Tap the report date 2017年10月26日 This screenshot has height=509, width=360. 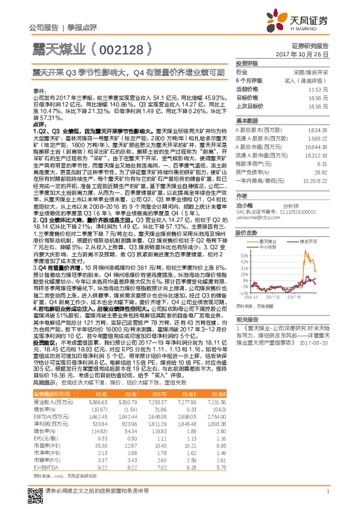pos(306,54)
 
